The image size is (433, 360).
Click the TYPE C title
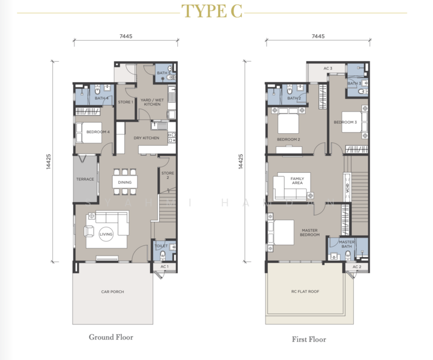(x=212, y=11)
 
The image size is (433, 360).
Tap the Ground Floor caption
(x=111, y=337)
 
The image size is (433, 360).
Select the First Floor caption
(x=309, y=340)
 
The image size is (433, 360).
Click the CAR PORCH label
(x=113, y=292)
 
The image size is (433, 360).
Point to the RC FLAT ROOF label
(x=305, y=292)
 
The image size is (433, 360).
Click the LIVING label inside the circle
(x=106, y=234)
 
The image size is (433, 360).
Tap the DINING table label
(x=124, y=182)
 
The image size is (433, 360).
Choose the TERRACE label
(x=85, y=179)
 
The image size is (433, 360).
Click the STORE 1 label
(x=126, y=102)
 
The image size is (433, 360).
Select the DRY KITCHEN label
(x=147, y=138)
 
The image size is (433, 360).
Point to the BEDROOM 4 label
(x=98, y=132)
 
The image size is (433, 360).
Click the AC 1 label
(x=165, y=266)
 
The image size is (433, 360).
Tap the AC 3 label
(x=328, y=68)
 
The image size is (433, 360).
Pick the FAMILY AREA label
(x=297, y=181)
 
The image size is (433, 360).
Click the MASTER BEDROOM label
(x=309, y=232)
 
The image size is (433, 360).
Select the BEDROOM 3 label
(x=345, y=122)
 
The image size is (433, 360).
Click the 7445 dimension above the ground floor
(x=126, y=36)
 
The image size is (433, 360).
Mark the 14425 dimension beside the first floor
(x=241, y=161)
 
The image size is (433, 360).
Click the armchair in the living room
(x=89, y=231)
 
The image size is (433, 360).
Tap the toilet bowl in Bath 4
(x=97, y=90)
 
